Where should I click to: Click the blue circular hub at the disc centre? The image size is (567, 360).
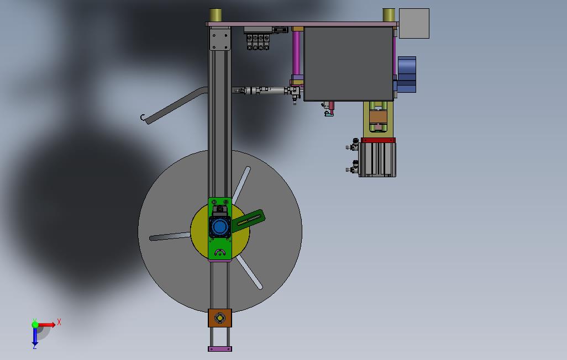[219, 227]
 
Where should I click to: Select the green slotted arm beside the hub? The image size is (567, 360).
[248, 220]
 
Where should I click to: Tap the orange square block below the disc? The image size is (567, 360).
[220, 318]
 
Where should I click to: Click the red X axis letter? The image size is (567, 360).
[59, 322]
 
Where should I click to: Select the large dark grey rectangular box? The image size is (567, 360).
[349, 63]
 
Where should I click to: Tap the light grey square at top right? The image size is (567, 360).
[414, 24]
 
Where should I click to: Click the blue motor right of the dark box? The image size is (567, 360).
[406, 75]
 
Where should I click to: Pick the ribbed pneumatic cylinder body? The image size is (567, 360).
[377, 160]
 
